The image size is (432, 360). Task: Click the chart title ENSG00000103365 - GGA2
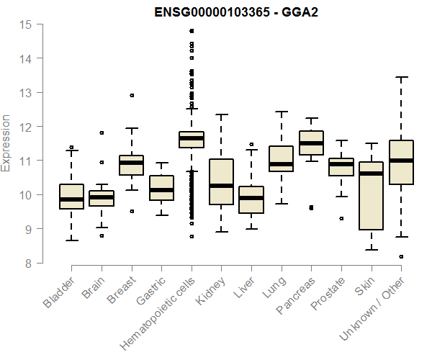pyautogui.click(x=236, y=12)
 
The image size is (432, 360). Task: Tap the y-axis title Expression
pyautogui.click(x=6, y=143)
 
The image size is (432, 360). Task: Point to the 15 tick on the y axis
pyautogui.click(x=27, y=24)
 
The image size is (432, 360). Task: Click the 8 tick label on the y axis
pyautogui.click(x=27, y=264)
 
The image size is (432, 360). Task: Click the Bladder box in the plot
pyautogui.click(x=71, y=197)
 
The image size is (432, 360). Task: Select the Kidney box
pyautogui.click(x=221, y=181)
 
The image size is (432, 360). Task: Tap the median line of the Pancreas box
pyautogui.click(x=311, y=143)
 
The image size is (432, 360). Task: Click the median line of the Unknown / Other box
pyautogui.click(x=401, y=161)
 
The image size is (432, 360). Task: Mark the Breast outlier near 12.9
pyautogui.click(x=131, y=95)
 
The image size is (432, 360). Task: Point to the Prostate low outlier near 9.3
pyautogui.click(x=341, y=218)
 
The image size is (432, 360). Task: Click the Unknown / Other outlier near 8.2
pyautogui.click(x=401, y=256)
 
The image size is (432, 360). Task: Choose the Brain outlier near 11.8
pyautogui.click(x=102, y=132)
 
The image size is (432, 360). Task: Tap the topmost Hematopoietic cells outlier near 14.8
pyautogui.click(x=191, y=31)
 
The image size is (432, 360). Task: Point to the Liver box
pyautogui.click(x=251, y=199)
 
